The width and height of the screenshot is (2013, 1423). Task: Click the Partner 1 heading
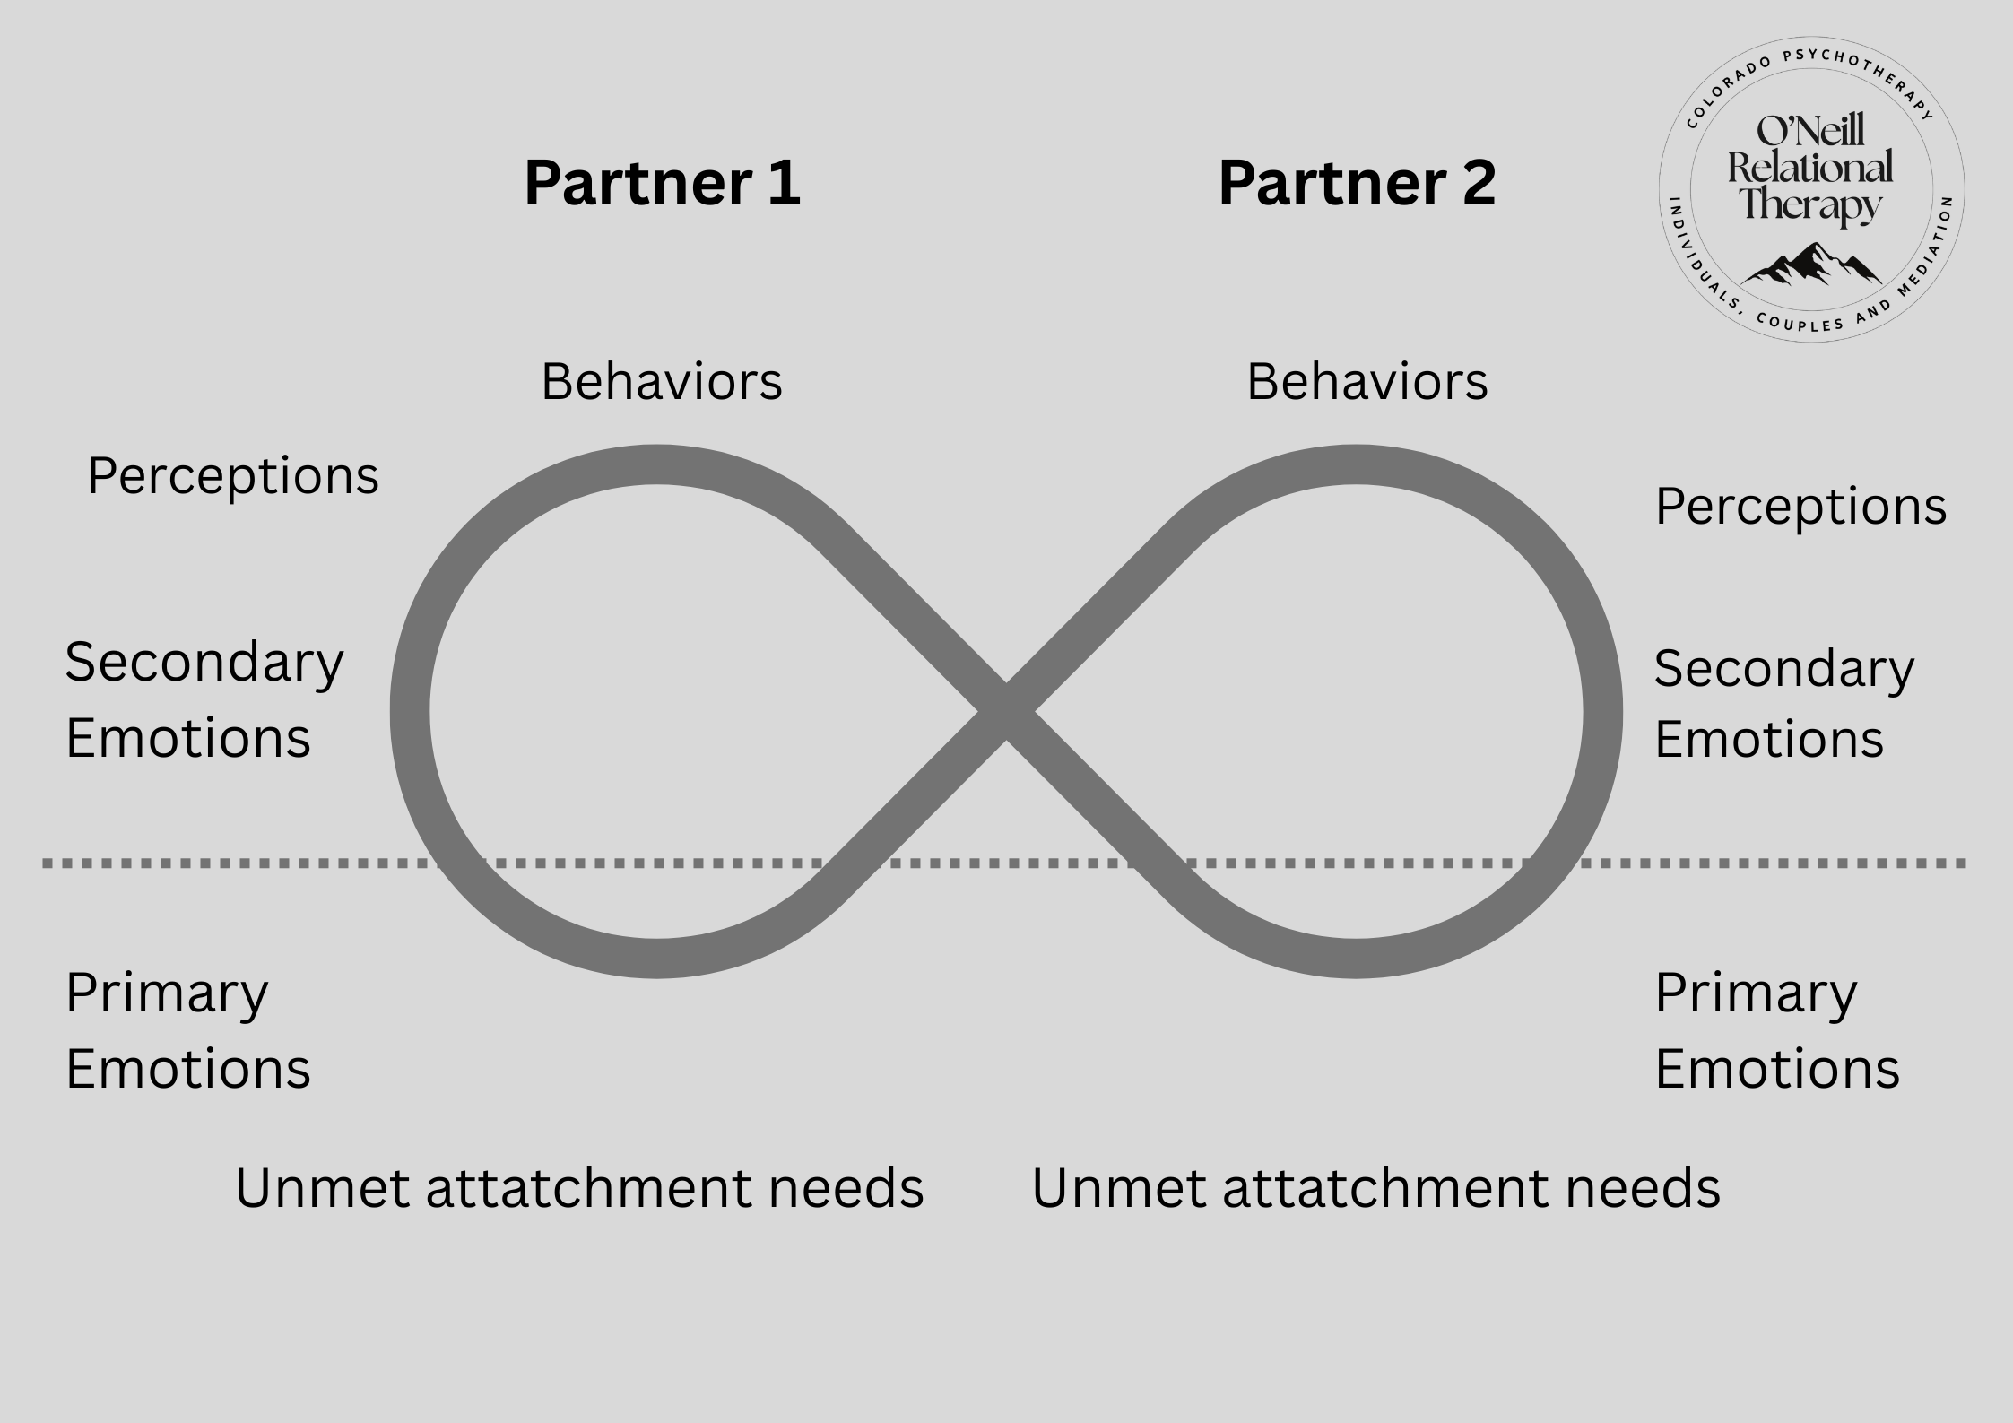click(x=662, y=184)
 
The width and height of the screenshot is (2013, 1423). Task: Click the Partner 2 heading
click(x=1357, y=184)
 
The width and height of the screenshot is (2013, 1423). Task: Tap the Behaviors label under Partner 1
click(x=662, y=382)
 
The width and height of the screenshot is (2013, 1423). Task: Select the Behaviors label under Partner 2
click(x=1367, y=382)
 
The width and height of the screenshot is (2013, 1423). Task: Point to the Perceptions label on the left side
click(x=233, y=476)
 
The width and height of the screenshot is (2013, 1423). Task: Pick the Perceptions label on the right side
click(x=1800, y=508)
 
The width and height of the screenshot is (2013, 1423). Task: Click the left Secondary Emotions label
click(x=204, y=700)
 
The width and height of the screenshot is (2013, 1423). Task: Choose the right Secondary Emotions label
click(x=1783, y=704)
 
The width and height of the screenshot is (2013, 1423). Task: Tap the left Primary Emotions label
click(x=188, y=1031)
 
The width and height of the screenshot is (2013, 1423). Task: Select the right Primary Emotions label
click(x=1777, y=1031)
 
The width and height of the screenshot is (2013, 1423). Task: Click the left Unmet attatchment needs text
click(x=579, y=1189)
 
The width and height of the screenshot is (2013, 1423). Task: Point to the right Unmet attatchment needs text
click(x=1375, y=1189)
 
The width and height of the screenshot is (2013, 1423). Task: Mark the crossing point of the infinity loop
click(x=1006, y=712)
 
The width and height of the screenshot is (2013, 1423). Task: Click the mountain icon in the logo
click(x=1811, y=265)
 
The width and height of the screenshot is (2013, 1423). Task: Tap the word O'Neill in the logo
click(x=1810, y=132)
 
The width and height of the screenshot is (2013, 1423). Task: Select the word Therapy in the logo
click(x=1810, y=204)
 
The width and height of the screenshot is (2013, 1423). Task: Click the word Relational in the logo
click(x=1810, y=168)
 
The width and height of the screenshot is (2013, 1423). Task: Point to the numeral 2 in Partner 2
click(x=1473, y=184)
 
